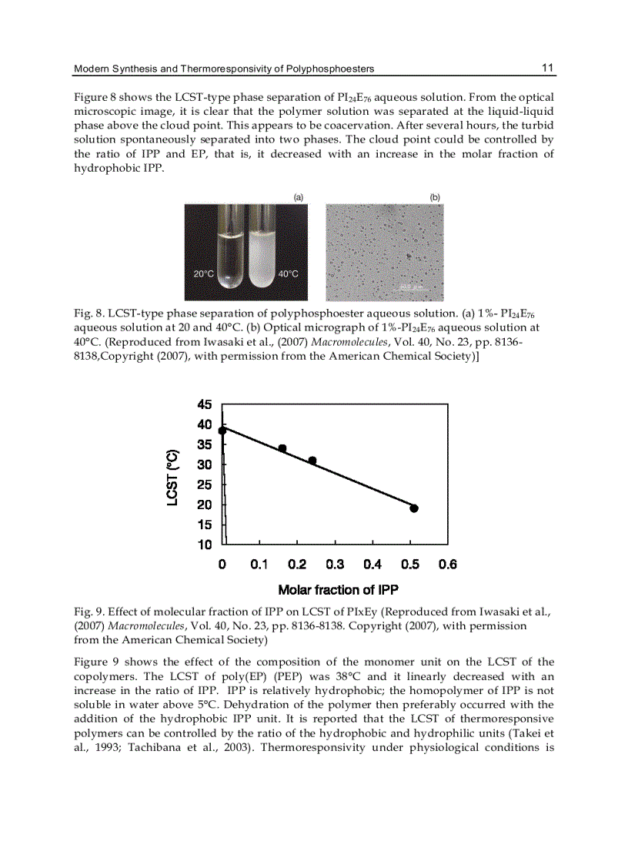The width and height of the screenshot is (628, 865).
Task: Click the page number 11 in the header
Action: (547, 68)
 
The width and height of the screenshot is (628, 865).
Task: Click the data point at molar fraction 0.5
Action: (414, 508)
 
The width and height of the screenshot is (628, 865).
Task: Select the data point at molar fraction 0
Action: (222, 431)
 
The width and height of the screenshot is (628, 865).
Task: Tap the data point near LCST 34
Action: (282, 448)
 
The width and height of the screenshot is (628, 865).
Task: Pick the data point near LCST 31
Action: (312, 461)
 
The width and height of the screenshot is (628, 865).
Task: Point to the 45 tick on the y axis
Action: (205, 404)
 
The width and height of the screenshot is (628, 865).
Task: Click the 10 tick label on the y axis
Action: (205, 545)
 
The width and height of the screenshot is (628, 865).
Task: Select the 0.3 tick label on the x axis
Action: (335, 565)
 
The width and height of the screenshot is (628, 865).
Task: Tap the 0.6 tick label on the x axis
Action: (448, 565)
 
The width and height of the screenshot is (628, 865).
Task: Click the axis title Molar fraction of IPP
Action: (338, 590)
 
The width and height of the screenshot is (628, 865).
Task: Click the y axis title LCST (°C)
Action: (173, 478)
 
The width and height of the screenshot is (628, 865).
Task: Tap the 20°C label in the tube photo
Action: (203, 274)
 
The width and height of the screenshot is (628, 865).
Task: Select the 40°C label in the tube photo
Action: (288, 274)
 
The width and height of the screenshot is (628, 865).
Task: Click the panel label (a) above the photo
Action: (299, 197)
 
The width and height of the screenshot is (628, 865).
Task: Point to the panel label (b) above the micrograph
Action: (435, 197)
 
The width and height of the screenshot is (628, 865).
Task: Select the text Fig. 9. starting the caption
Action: (88, 612)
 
